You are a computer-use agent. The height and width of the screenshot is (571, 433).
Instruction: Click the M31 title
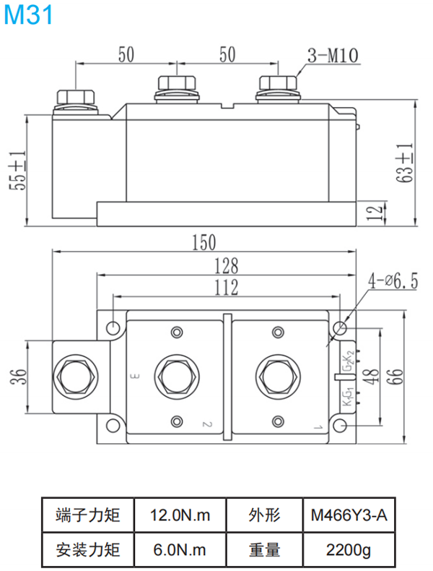pos(28,16)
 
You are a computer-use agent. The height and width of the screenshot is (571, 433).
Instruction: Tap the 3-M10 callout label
pos(333,54)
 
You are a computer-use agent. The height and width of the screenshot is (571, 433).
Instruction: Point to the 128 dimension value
pos(225,265)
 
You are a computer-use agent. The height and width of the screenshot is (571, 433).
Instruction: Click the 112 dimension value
pos(225,288)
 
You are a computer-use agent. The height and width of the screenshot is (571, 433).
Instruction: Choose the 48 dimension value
pos(372,376)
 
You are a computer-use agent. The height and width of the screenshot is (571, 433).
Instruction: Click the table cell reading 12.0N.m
pos(180,515)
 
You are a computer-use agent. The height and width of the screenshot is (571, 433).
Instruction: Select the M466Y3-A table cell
pos(349,515)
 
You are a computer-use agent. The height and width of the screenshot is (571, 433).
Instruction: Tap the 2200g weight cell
pos(349,550)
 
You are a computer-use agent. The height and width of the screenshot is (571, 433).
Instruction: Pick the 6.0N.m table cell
pos(180,550)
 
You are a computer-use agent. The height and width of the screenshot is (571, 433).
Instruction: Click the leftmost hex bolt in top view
pos(75,376)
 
